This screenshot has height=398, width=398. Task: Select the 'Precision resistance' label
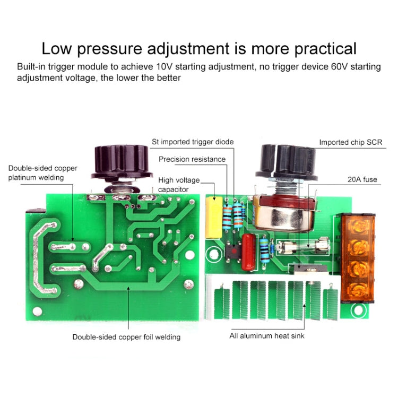coord(192,159)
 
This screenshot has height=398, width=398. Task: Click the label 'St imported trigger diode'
coord(193,142)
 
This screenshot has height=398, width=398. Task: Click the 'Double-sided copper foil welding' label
coord(126,336)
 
